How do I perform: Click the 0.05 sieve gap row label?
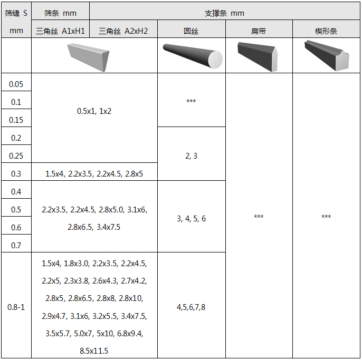pos(16,84)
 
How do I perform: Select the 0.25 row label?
pos(16,156)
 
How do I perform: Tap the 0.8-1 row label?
pos(16,307)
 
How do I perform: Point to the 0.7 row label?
pos(16,246)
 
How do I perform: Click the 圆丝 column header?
pos(191,31)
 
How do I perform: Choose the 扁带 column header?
pos(259,31)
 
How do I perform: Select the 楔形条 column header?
pos(326,31)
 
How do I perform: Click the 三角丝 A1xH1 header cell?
pos(60,31)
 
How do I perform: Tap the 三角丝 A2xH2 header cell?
pos(123,31)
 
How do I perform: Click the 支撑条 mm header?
pos(224,13)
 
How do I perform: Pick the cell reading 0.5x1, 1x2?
pos(94,111)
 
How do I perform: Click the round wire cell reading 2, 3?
pos(191,156)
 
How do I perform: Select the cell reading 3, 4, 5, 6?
pos(191,219)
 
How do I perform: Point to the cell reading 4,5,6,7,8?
pos(191,307)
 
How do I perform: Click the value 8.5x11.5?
pos(94,351)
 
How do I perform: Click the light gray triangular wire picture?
pos(89,57)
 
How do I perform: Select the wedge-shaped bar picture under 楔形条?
pos(327,55)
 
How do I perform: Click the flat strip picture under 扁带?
pos(258,57)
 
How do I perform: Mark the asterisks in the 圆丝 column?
pos(191,101)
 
